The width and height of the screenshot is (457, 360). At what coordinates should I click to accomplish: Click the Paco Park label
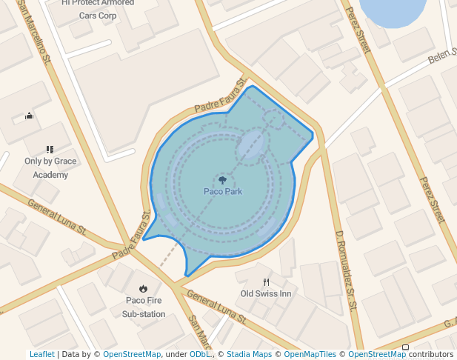(223, 192)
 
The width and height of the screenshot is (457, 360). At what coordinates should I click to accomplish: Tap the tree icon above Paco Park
(223, 179)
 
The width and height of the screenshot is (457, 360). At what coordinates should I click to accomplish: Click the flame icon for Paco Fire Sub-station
(144, 288)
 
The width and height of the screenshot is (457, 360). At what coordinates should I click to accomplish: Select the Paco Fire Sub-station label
(144, 307)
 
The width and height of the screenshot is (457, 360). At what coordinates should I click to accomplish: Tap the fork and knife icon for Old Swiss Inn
(267, 282)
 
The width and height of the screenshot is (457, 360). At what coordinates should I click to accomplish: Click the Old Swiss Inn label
(266, 294)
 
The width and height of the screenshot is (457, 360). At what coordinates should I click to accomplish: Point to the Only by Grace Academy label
(50, 168)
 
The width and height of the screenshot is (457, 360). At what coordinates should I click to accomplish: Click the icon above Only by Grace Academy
(50, 150)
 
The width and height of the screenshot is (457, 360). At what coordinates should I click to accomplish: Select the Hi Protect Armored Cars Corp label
(98, 8)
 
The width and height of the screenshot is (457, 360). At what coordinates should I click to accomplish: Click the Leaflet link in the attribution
(42, 355)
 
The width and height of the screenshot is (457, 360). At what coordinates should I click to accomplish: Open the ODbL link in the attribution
(199, 355)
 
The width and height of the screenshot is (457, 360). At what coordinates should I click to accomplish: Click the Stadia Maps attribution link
(249, 355)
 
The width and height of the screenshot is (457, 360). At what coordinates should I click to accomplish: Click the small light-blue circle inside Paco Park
(252, 147)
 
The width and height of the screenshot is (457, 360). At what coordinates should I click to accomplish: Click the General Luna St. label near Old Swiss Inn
(216, 306)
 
